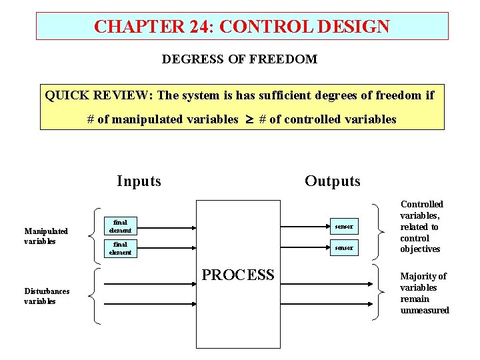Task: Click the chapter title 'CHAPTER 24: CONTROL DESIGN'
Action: tap(242, 27)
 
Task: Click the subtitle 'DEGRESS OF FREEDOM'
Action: tap(239, 59)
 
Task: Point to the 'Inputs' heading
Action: tap(139, 181)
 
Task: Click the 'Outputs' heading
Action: tap(332, 181)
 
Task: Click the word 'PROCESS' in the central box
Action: tap(238, 275)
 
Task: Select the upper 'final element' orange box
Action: tap(121, 227)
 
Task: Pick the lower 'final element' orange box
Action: tap(121, 249)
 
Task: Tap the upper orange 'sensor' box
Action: tap(345, 227)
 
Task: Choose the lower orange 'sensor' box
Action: tap(345, 248)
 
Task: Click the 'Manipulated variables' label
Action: tap(46, 236)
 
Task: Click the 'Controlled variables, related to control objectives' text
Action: tap(421, 227)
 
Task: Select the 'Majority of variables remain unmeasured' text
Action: tap(424, 293)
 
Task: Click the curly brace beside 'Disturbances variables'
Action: tap(96, 295)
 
